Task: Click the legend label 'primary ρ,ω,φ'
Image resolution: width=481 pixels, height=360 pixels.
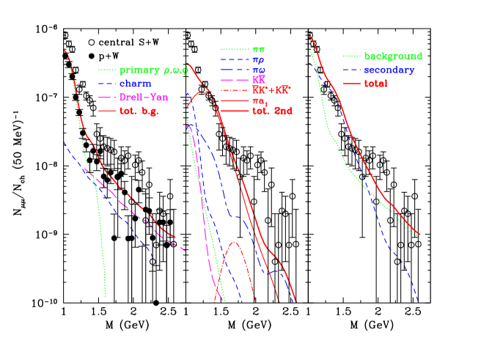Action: click(149, 70)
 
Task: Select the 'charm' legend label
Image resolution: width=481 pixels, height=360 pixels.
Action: click(136, 84)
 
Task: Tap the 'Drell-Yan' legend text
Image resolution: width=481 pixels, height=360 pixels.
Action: click(142, 98)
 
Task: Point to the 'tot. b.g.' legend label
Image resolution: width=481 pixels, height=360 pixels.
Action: click(139, 111)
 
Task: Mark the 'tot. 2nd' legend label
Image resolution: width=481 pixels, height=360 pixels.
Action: click(272, 111)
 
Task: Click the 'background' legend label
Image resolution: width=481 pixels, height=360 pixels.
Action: click(393, 56)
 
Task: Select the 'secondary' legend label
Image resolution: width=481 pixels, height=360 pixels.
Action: click(389, 70)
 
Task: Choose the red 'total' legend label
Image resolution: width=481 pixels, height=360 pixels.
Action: click(376, 84)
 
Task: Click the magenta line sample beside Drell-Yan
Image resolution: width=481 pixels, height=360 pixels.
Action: click(107, 98)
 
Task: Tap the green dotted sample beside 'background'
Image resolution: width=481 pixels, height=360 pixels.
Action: click(352, 56)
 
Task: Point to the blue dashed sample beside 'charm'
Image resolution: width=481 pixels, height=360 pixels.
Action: click(107, 84)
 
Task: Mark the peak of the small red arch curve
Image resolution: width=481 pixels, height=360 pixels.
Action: click(234, 242)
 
